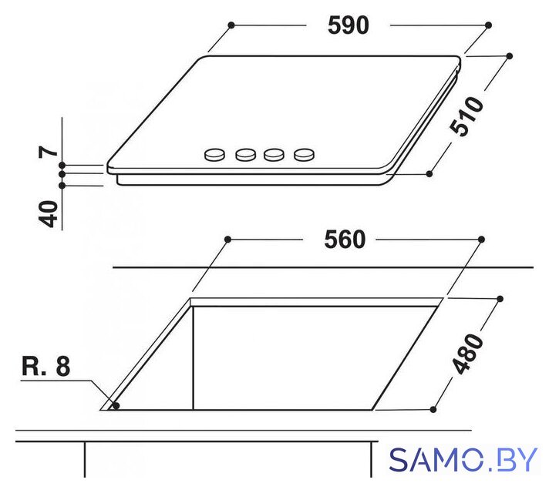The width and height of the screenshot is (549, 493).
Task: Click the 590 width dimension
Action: [349, 25]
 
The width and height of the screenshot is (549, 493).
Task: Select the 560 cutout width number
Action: [345, 240]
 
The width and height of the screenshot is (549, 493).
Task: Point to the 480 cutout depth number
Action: [467, 354]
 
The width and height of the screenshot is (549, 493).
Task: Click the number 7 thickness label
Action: [49, 152]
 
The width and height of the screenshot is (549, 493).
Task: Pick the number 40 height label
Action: [48, 214]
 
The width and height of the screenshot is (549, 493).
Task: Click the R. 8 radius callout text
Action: [45, 367]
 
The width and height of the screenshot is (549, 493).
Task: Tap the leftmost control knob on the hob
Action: [214, 154]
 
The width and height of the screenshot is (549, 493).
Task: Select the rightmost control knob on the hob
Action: [305, 154]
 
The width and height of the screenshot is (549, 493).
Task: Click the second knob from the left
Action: [245, 154]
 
